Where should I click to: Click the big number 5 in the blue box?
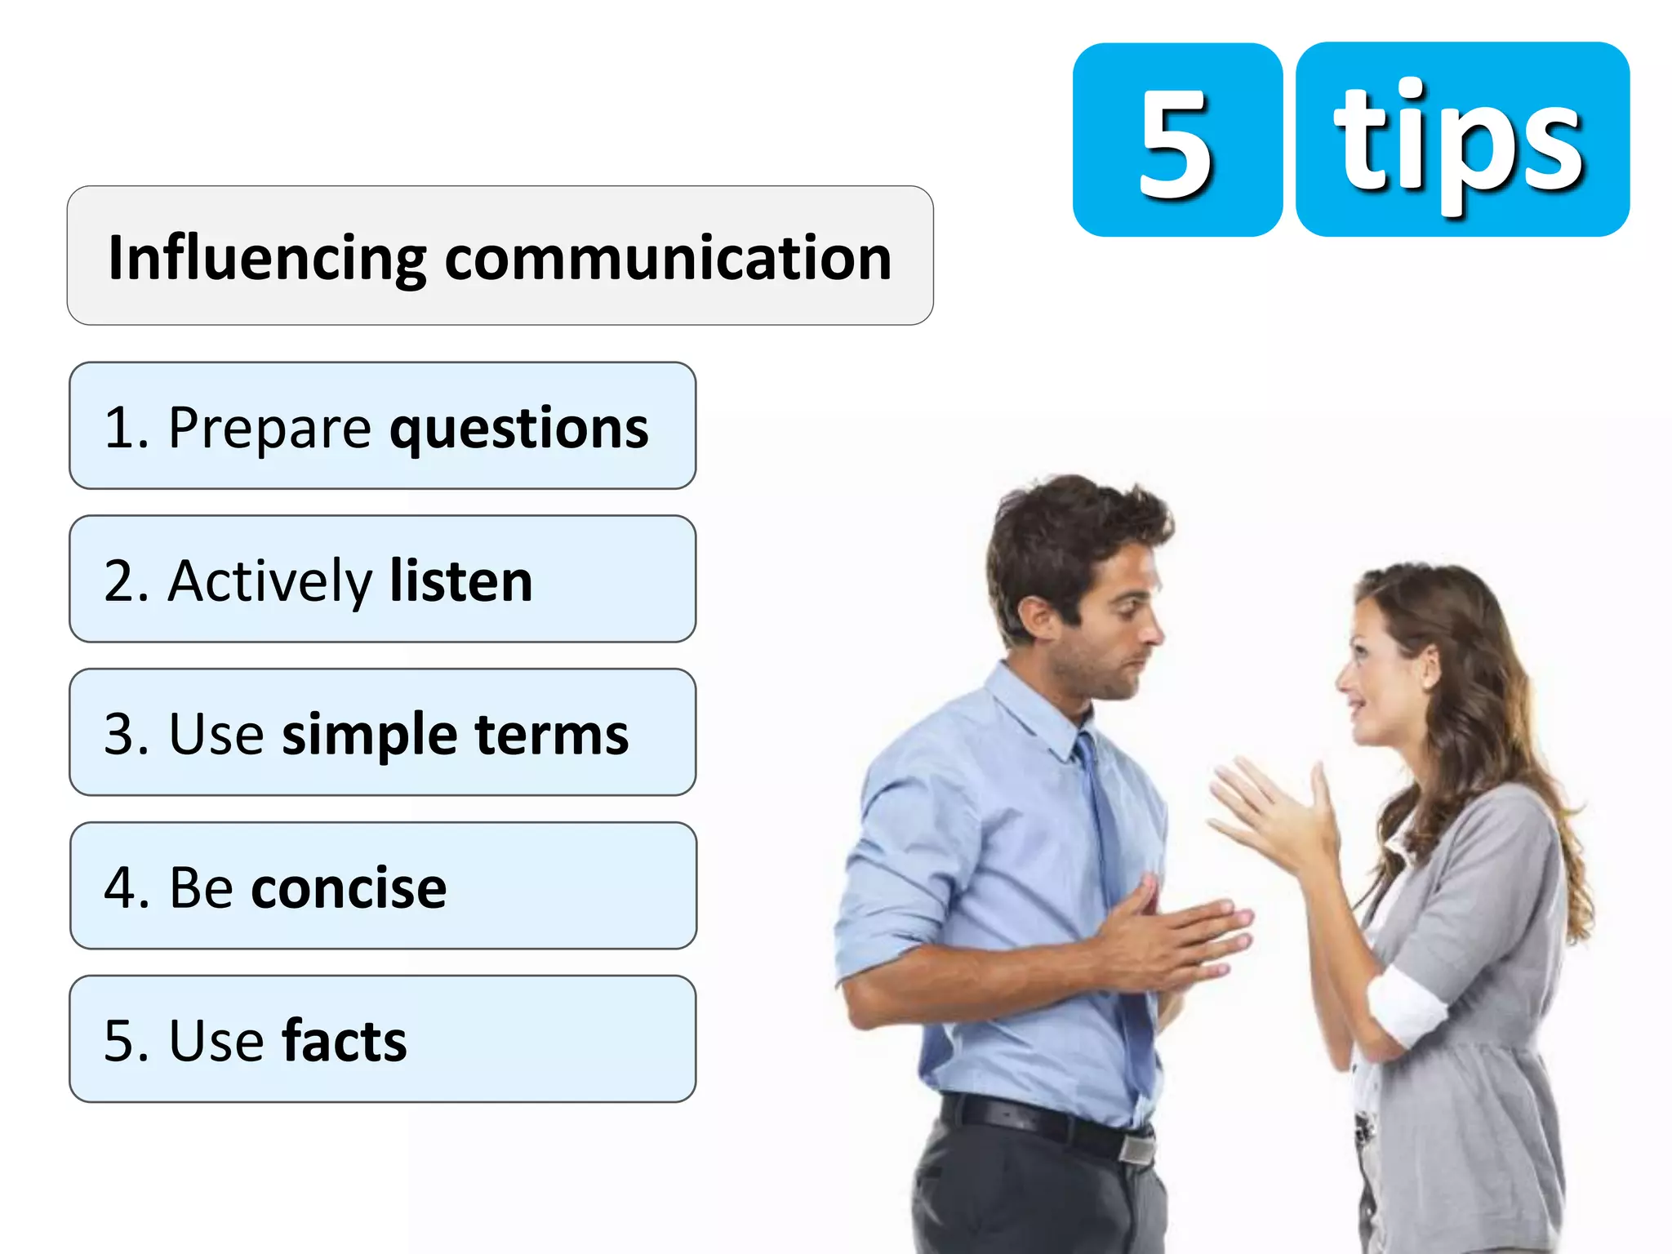(x=1176, y=144)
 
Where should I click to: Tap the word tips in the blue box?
(x=1459, y=144)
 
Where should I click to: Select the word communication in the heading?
(x=668, y=258)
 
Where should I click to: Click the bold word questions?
(x=518, y=429)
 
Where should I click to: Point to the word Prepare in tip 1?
(x=269, y=429)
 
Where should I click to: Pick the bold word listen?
(x=461, y=581)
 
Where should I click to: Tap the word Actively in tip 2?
(x=269, y=581)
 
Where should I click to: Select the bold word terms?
(x=552, y=735)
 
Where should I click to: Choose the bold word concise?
(x=349, y=887)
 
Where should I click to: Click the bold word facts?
(x=344, y=1041)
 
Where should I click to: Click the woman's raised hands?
(x=1274, y=816)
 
